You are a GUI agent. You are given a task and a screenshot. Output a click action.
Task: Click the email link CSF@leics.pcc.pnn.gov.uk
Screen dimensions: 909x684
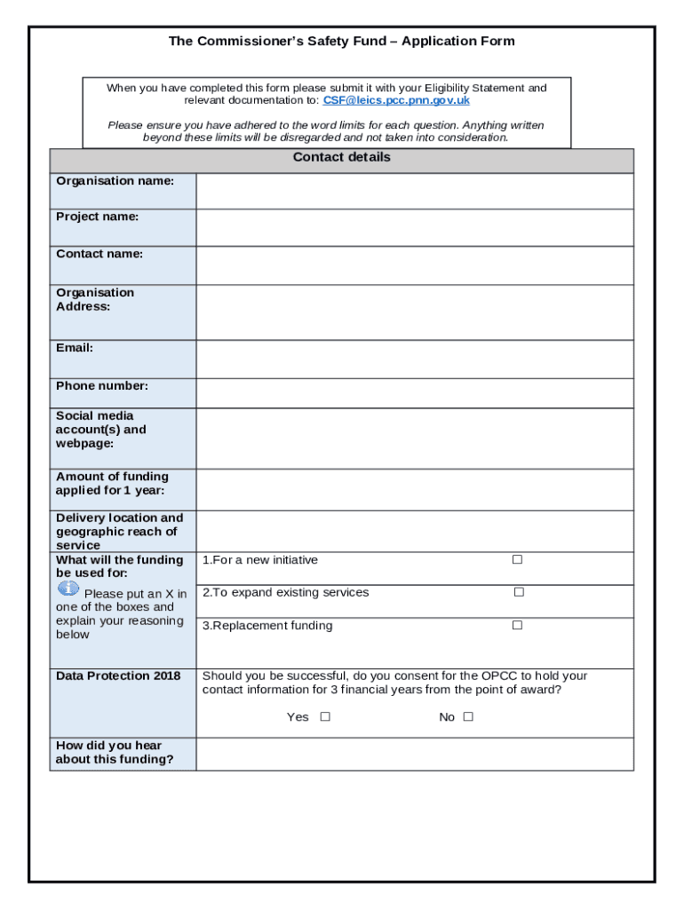tap(396, 101)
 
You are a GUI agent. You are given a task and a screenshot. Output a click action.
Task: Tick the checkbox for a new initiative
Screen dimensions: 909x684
tap(517, 560)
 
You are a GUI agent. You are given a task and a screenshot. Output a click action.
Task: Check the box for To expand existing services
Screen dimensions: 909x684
tap(519, 592)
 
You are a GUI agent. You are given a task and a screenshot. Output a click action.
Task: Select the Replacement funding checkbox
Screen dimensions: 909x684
tap(517, 626)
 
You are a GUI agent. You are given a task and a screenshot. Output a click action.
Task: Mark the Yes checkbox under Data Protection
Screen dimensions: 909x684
tap(325, 717)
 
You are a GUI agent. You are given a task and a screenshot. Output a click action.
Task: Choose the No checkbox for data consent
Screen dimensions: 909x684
tap(468, 717)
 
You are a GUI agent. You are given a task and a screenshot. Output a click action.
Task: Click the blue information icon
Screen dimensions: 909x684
tap(68, 589)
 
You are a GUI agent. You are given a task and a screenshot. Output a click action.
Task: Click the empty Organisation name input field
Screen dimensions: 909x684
tap(414, 191)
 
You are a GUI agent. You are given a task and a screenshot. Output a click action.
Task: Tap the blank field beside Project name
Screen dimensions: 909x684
tap(414, 227)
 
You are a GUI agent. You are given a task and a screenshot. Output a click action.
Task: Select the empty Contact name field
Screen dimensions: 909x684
tap(414, 265)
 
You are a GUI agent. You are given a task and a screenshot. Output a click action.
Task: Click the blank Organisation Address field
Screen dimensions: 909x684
tap(414, 312)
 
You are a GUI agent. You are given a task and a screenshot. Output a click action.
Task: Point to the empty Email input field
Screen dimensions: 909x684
tap(414, 359)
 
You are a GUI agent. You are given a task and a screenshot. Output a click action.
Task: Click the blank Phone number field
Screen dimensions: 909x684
tap(414, 392)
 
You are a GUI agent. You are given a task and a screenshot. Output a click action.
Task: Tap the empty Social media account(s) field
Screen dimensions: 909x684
tap(414, 438)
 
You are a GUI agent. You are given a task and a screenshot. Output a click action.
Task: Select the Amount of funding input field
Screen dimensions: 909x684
tap(414, 489)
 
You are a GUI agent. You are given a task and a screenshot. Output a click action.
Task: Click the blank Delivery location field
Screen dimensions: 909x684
tap(414, 531)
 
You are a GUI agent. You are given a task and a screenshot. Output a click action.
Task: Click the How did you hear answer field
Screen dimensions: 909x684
tap(414, 754)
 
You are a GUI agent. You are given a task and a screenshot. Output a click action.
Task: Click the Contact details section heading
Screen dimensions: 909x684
tap(341, 158)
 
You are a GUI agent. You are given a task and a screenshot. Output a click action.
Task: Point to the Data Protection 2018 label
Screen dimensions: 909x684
tap(118, 676)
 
